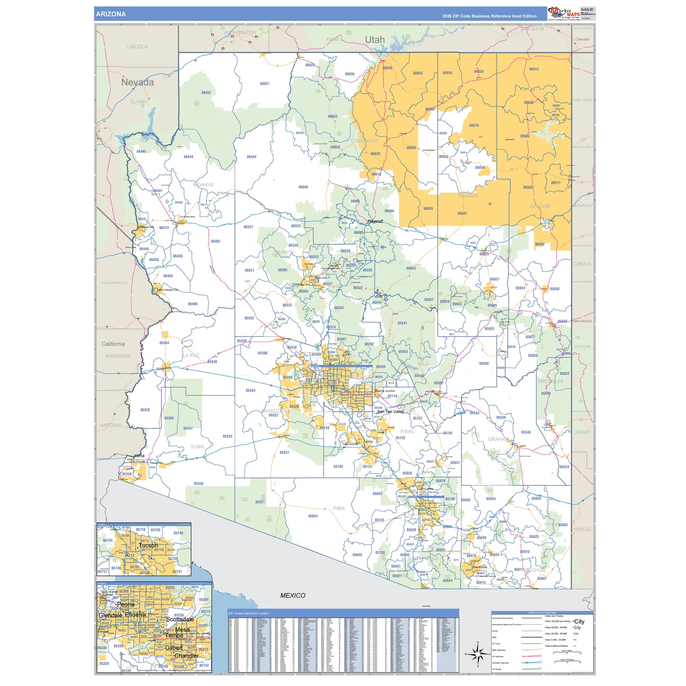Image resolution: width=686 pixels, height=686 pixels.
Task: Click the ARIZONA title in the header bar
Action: [111, 14]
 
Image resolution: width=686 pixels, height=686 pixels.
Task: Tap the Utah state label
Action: [375, 40]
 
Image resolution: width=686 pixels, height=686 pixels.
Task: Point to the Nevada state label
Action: [137, 82]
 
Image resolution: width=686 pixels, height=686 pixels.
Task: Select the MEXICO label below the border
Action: [293, 595]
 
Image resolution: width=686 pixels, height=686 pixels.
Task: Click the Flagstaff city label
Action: [375, 221]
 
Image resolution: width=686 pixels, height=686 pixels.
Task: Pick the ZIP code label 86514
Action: [534, 69]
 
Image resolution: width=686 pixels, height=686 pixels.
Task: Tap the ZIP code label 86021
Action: [265, 84]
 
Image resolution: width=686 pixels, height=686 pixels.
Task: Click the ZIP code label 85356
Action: [198, 483]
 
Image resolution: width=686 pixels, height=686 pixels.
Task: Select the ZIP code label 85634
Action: [313, 516]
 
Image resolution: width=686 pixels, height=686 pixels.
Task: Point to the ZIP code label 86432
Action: [206, 92]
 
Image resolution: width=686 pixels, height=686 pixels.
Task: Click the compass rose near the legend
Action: [477, 655]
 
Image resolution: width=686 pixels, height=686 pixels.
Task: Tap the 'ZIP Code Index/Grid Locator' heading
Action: [249, 613]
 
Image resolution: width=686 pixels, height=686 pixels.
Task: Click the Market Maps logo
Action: [563, 13]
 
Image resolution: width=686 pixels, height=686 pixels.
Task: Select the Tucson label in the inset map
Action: [148, 545]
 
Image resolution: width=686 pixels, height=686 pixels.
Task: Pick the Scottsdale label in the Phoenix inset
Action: [180, 619]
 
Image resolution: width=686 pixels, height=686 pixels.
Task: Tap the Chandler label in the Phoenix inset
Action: [187, 655]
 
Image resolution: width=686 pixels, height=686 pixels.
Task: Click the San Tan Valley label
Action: [391, 412]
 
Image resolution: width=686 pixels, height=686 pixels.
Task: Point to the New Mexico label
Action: [582, 321]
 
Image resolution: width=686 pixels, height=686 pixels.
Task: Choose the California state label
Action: [113, 344]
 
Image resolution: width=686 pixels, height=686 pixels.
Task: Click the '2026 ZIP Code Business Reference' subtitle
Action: [489, 16]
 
